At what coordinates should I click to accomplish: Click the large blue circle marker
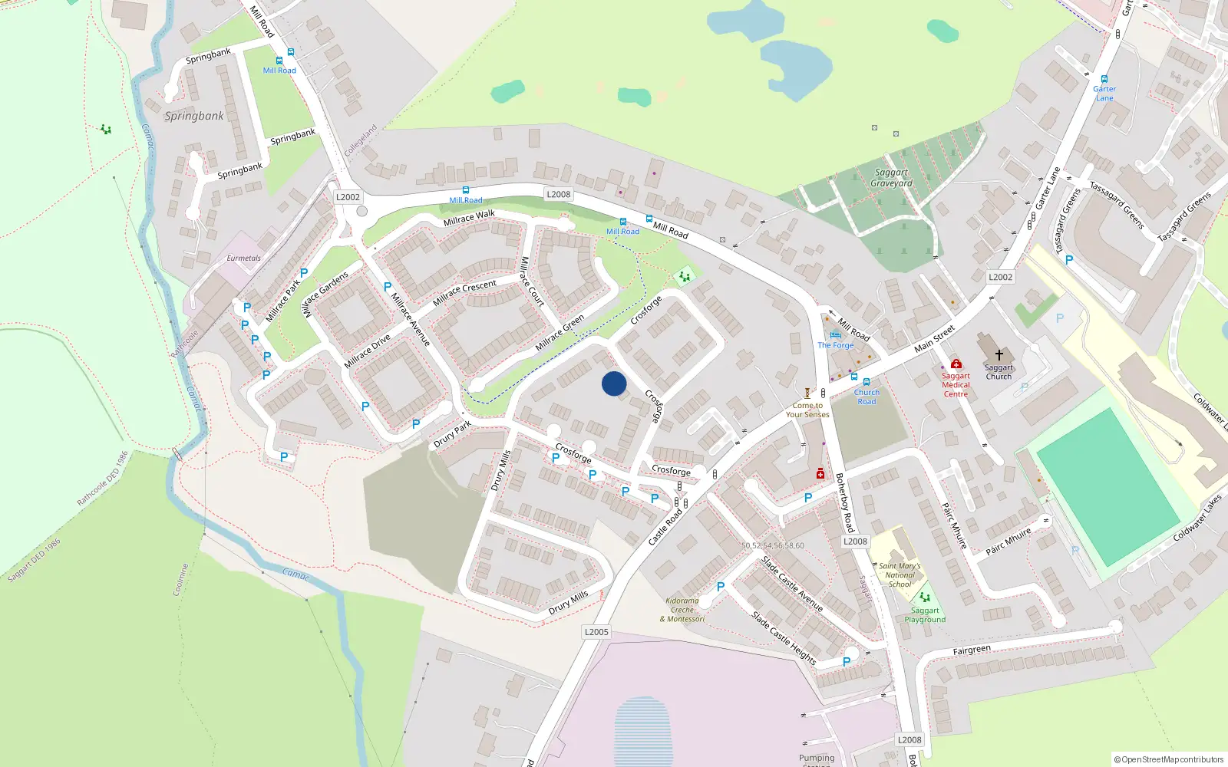(x=614, y=383)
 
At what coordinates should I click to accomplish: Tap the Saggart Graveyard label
(x=891, y=178)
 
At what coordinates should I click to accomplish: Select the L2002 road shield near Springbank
(x=348, y=197)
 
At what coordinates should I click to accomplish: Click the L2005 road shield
(x=596, y=632)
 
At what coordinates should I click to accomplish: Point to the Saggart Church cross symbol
(x=999, y=355)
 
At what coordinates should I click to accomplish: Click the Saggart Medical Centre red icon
(x=956, y=364)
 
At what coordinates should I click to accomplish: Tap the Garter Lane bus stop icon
(x=1104, y=79)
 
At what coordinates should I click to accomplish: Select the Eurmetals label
(x=243, y=258)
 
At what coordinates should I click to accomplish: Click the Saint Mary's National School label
(x=900, y=575)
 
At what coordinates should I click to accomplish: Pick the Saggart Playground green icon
(x=925, y=597)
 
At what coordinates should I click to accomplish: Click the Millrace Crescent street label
(x=464, y=293)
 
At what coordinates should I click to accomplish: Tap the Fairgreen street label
(x=972, y=650)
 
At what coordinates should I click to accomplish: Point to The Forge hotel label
(x=835, y=345)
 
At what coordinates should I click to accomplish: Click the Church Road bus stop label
(x=867, y=397)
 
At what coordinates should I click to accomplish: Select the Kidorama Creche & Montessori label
(x=682, y=610)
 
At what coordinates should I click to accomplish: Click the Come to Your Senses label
(x=807, y=410)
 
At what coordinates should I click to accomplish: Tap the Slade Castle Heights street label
(x=784, y=637)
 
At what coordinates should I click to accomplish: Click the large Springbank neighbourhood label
(x=194, y=116)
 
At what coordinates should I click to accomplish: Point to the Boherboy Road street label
(x=844, y=502)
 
